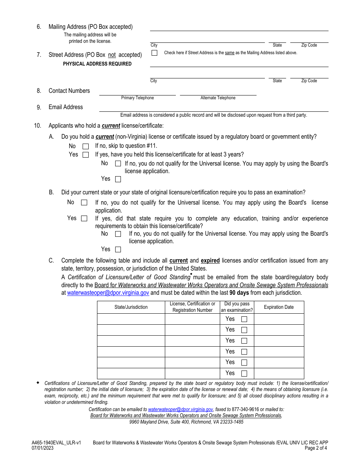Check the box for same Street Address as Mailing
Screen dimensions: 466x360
tap(154, 53)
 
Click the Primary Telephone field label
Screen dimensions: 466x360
tap(138, 98)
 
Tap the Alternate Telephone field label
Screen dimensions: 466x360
tap(218, 98)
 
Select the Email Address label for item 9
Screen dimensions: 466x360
tap(66, 107)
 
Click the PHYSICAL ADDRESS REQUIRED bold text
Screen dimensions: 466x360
tap(97, 64)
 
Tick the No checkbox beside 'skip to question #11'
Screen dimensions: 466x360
tap(86, 146)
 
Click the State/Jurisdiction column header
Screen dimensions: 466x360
tap(131, 307)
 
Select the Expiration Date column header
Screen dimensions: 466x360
tap(279, 307)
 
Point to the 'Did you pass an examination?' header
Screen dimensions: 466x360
tap(237, 307)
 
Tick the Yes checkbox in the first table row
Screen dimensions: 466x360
tap(244, 319)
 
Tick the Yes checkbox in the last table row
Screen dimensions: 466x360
tap(244, 374)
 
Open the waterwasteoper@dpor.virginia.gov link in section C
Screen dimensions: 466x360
tap(108, 293)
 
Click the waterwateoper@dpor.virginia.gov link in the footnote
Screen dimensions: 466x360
tap(180, 409)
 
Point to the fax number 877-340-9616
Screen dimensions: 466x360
tap(243, 409)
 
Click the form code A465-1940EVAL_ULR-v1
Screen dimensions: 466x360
tap(56, 443)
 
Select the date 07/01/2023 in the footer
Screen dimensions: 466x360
tap(42, 448)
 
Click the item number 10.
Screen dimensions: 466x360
tap(38, 126)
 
